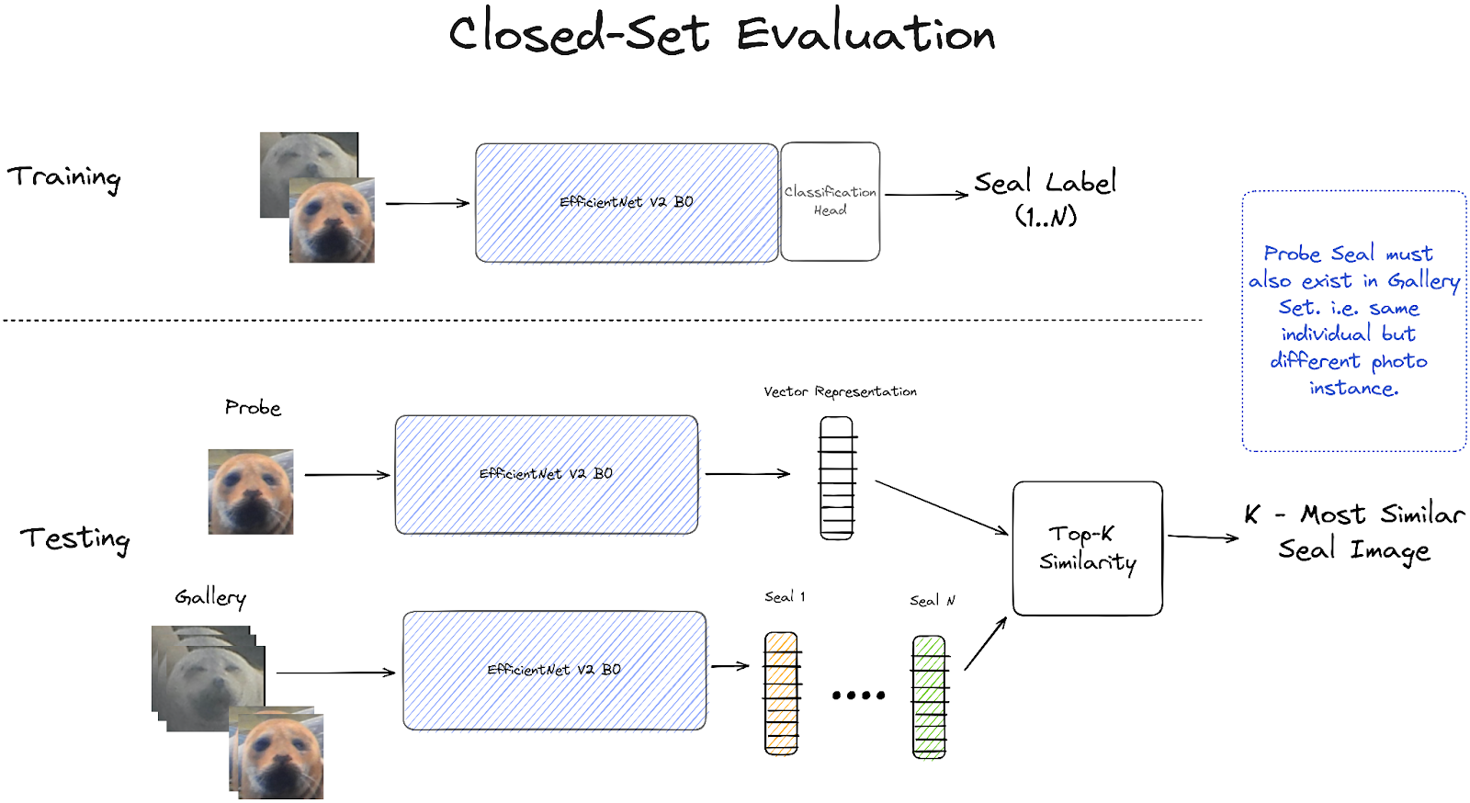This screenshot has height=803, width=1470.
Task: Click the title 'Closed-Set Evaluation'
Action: point(722,35)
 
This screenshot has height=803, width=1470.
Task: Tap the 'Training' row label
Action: point(64,177)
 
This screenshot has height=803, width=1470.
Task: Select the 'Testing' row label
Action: point(75,538)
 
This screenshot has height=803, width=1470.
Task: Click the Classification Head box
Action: point(830,201)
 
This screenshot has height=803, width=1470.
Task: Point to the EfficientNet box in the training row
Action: point(627,203)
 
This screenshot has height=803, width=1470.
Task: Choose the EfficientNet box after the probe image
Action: point(546,474)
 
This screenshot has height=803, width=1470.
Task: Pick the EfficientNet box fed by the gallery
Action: point(554,671)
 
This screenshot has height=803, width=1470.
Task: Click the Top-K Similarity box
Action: point(1087,549)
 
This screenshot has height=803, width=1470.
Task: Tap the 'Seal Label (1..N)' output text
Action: point(1046,198)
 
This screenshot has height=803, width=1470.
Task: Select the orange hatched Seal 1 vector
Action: point(781,694)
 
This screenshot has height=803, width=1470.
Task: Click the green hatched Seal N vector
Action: point(929,696)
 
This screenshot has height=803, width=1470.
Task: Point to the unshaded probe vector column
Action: point(836,478)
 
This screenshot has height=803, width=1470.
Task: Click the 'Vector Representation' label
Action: point(840,392)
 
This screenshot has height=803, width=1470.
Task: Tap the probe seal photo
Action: point(251,492)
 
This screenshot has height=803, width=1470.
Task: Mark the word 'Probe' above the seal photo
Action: point(253,407)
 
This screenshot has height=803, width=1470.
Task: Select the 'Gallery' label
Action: point(210,598)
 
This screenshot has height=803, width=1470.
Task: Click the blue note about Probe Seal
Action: point(1353,321)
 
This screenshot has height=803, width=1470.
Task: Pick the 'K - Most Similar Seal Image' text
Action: point(1353,532)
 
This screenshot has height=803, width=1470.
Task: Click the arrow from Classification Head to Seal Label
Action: point(926,195)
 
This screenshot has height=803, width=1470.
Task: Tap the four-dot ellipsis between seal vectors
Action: point(858,696)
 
